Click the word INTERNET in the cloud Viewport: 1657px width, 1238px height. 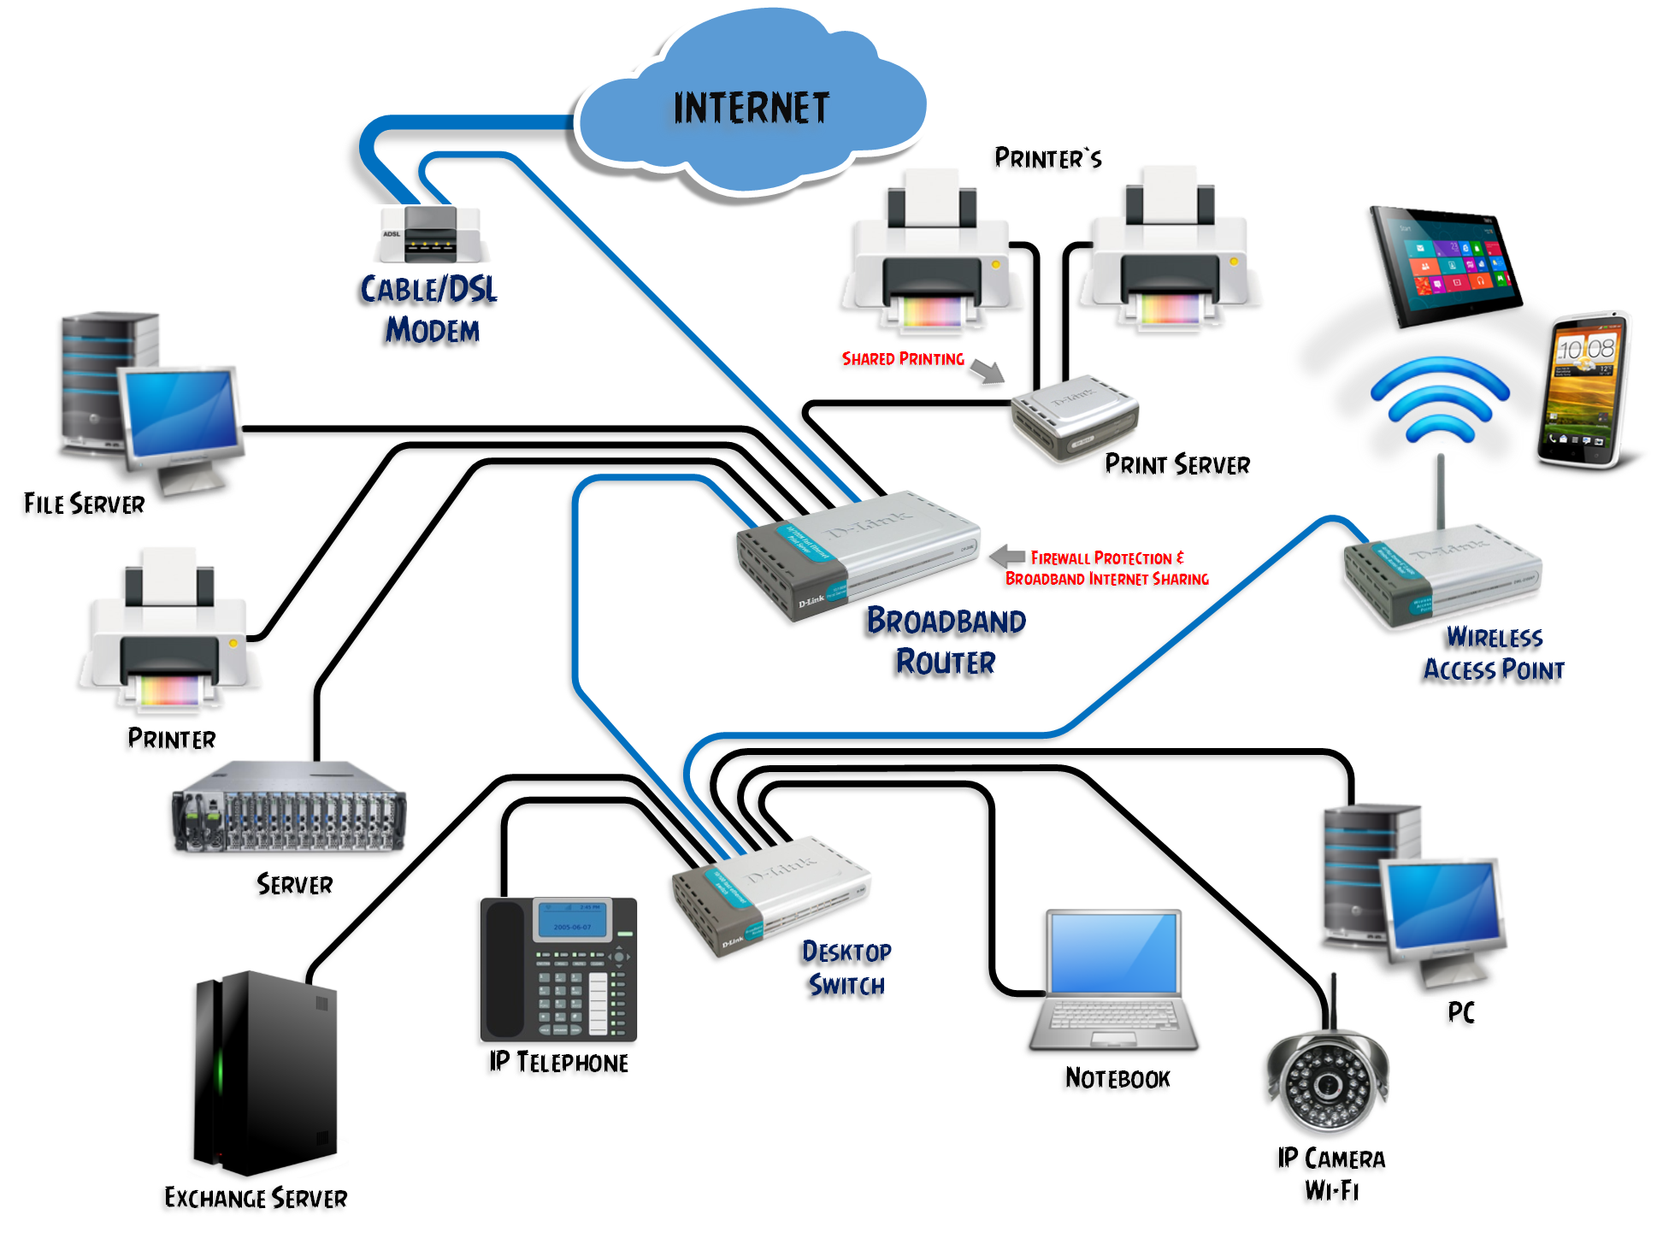point(751,109)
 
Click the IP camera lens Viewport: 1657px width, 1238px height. point(1327,1085)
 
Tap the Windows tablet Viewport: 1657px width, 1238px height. point(1445,265)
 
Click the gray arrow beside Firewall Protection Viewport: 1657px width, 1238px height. point(1007,556)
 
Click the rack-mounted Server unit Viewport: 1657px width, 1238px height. point(289,810)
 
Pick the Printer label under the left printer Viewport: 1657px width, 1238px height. point(172,739)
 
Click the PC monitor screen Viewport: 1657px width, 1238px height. point(1442,906)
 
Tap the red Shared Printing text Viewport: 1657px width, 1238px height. point(903,359)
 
